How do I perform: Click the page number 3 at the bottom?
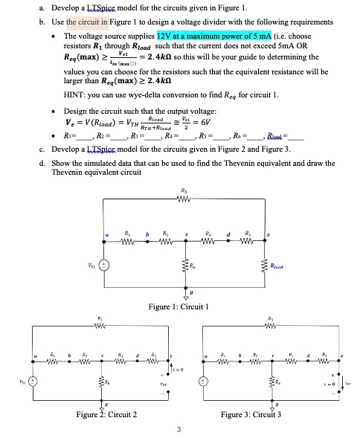pos(179,430)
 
